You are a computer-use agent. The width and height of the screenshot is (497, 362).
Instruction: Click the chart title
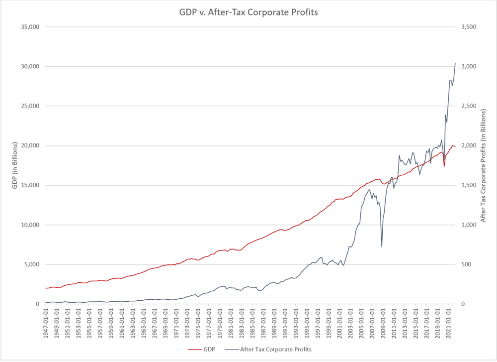pyautogui.click(x=248, y=11)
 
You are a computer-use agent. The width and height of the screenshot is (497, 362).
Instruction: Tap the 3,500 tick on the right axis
pyautogui.click(x=470, y=27)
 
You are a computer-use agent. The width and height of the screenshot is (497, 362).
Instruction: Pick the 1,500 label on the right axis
pyautogui.click(x=470, y=185)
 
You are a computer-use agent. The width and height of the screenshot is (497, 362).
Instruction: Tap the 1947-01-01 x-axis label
pyautogui.click(x=46, y=324)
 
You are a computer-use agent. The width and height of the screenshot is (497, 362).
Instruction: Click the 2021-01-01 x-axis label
pyautogui.click(x=448, y=324)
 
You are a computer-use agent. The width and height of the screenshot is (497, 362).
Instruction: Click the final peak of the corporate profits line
pyautogui.click(x=455, y=63)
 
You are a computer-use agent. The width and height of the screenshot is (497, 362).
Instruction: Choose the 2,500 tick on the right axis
pyautogui.click(x=470, y=106)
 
